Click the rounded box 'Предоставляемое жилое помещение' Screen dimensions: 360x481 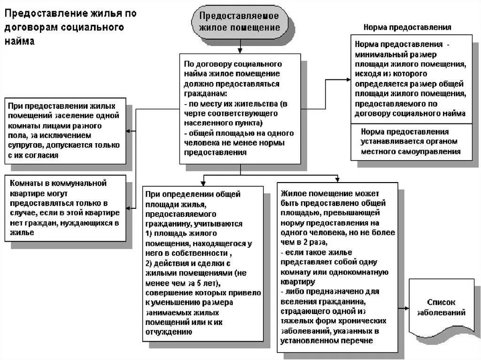239,22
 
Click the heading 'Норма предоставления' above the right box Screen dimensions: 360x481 407,27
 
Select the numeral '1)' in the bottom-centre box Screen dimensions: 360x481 149,233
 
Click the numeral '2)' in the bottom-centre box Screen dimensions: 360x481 149,262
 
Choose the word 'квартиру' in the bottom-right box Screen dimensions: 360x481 297,282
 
